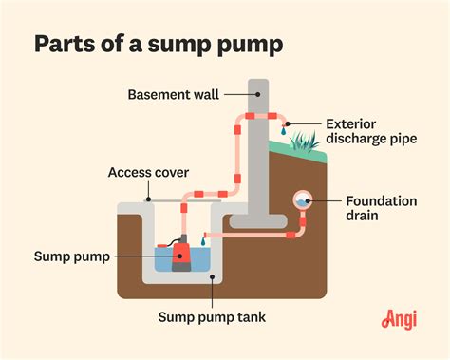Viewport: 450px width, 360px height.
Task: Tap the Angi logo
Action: click(400, 321)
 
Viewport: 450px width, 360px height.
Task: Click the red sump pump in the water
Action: click(179, 255)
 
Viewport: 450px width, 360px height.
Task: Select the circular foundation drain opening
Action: click(302, 200)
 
